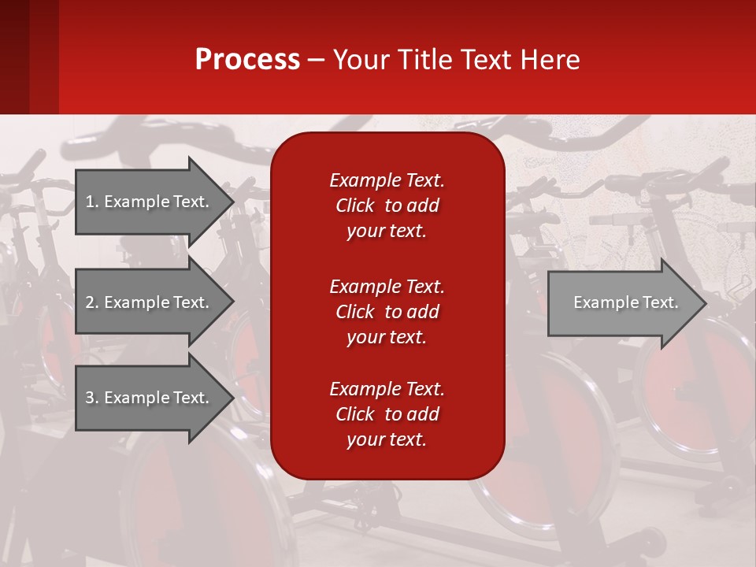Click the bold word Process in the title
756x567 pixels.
coord(247,60)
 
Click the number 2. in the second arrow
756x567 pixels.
coord(92,302)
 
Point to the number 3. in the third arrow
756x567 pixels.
coord(92,398)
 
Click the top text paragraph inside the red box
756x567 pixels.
coord(387,206)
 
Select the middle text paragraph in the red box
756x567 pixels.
coord(387,311)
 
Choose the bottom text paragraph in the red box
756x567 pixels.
coord(387,414)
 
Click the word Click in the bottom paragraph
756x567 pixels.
coord(355,414)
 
